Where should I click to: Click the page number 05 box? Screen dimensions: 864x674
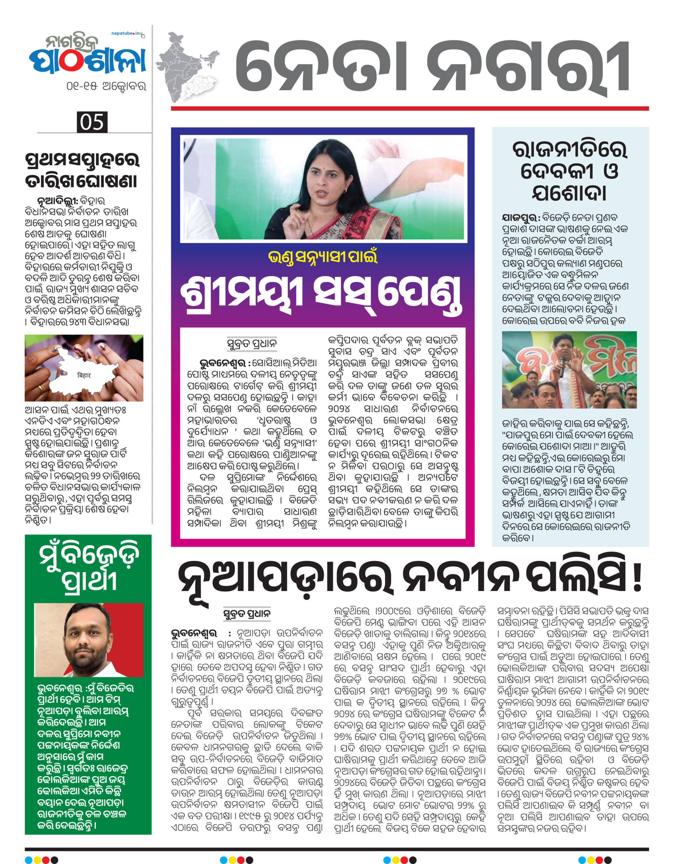tap(92, 122)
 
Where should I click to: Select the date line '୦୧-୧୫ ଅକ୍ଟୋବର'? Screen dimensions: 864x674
tap(106, 86)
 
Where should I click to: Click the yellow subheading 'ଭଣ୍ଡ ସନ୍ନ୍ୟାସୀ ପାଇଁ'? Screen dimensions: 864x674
tap(322, 257)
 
